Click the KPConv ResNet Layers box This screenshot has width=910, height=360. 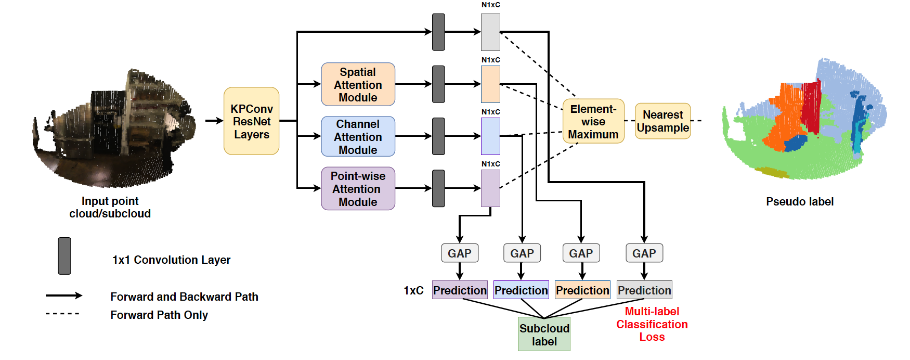(x=251, y=121)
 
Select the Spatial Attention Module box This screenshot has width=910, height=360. (x=358, y=84)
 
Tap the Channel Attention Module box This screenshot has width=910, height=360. (x=358, y=136)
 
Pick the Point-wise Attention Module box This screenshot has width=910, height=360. (x=358, y=188)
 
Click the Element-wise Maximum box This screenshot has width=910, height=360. (x=593, y=121)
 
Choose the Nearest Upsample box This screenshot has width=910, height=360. (x=662, y=121)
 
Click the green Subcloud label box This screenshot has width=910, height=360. (x=544, y=335)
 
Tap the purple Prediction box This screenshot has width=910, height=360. (x=460, y=290)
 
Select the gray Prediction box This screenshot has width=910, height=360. (x=644, y=290)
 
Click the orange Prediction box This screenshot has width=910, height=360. (x=582, y=290)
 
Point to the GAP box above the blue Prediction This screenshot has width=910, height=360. (x=522, y=253)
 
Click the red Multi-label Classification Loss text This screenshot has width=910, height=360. (x=652, y=324)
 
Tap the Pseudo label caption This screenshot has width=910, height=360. (x=799, y=202)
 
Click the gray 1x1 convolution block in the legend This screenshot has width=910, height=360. (x=64, y=256)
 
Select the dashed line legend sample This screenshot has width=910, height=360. (x=62, y=314)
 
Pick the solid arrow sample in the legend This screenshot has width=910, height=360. (x=63, y=295)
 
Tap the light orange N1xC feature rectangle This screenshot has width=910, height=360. (x=490, y=84)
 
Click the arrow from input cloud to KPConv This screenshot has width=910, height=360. (x=214, y=121)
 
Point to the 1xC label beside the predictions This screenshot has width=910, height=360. (x=413, y=290)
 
